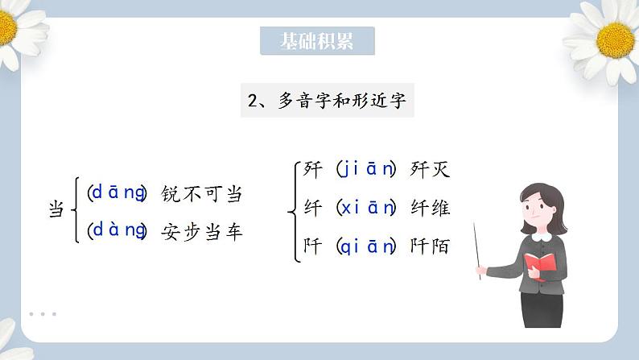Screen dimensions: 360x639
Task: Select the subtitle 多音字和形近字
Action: click(x=328, y=101)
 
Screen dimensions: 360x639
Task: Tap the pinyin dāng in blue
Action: click(x=117, y=193)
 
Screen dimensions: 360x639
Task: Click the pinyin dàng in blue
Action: click(x=117, y=231)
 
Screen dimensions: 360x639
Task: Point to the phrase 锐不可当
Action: click(x=201, y=194)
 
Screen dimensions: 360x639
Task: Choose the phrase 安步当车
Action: click(x=201, y=232)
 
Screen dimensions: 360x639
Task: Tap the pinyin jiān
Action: click(x=366, y=170)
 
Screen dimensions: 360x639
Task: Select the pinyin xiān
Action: click(x=366, y=208)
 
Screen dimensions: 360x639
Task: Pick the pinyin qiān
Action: click(x=366, y=246)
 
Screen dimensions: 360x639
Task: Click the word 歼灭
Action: click(x=430, y=170)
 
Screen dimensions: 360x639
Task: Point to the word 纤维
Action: click(x=430, y=208)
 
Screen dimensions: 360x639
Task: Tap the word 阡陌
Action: click(x=430, y=246)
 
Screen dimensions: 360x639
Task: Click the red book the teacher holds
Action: click(x=540, y=263)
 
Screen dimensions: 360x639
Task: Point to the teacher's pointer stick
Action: click(x=478, y=250)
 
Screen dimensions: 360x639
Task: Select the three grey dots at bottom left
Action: click(x=42, y=314)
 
